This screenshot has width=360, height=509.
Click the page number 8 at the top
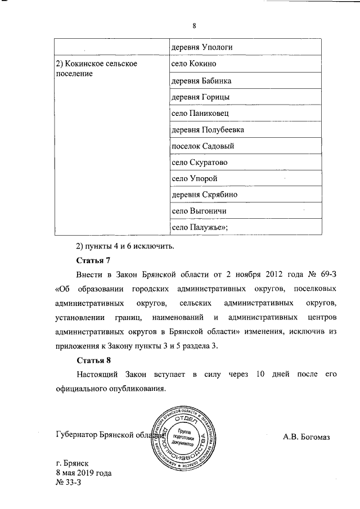[193, 26]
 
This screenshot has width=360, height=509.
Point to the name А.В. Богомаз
[306, 437]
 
